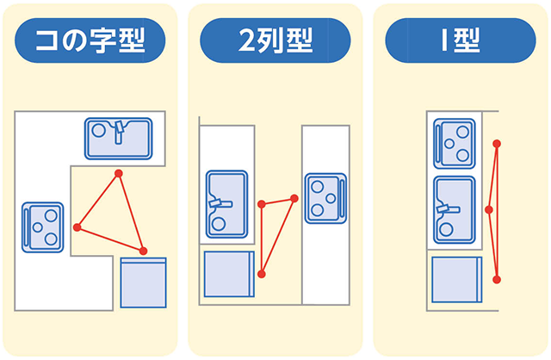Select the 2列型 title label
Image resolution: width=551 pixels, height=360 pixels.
[275, 40]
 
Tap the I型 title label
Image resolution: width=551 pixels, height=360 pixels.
[460, 40]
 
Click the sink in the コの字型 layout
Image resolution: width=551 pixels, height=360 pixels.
[119, 138]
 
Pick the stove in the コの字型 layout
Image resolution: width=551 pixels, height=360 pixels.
[43, 226]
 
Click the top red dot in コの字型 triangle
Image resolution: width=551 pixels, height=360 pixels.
[119, 175]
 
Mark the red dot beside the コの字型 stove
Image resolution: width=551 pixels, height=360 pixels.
[77, 227]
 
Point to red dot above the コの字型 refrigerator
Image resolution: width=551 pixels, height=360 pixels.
[143, 251]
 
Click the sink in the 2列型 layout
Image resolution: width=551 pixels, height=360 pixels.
[226, 203]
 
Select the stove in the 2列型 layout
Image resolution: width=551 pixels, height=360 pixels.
[325, 197]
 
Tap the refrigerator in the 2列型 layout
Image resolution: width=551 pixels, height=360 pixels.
[227, 275]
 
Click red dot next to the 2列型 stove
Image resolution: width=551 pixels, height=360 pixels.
[294, 199]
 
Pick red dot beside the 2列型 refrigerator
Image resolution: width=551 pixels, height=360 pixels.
[262, 274]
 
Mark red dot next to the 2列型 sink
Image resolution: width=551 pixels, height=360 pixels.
[262, 204]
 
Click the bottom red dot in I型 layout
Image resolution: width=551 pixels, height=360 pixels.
[497, 279]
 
